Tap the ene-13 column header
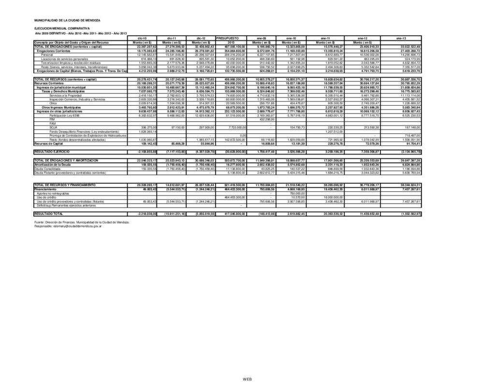(401, 38)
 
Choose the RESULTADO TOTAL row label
(49, 212)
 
